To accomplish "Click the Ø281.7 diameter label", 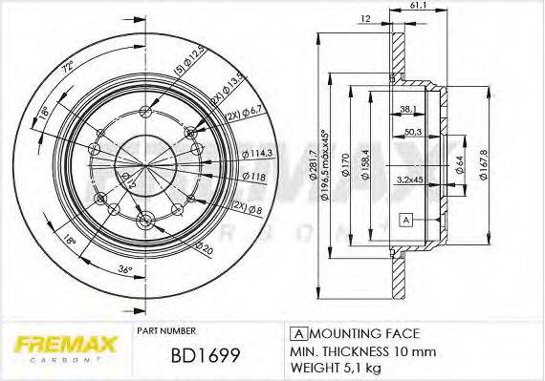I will coord(312,168).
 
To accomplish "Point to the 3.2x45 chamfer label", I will coord(410,179).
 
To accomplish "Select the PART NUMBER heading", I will coord(167,330).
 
